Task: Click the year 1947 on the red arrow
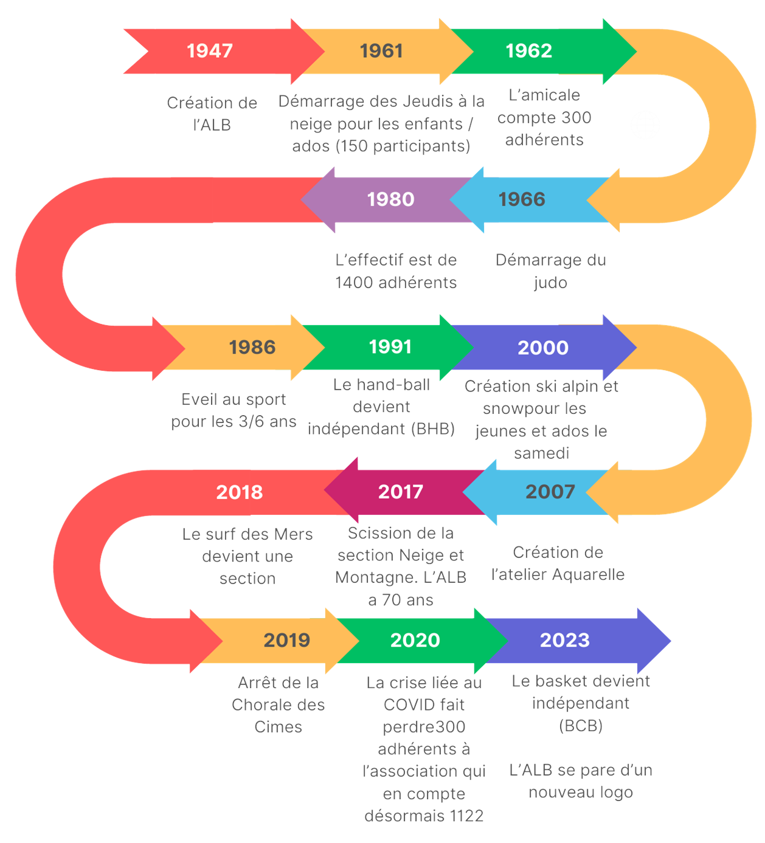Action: (210, 51)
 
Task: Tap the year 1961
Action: (381, 51)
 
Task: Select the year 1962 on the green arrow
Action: (529, 51)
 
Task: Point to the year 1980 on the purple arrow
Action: (390, 199)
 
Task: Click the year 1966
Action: (522, 199)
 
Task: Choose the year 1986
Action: (252, 348)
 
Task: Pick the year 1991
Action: (390, 347)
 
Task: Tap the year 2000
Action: (543, 348)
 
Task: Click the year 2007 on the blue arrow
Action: (550, 492)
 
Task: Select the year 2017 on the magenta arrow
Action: (401, 492)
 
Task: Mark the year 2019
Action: (287, 641)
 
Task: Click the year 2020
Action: (415, 641)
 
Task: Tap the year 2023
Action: (565, 641)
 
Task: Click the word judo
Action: (550, 283)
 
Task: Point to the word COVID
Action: (408, 705)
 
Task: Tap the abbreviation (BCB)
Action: (581, 726)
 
